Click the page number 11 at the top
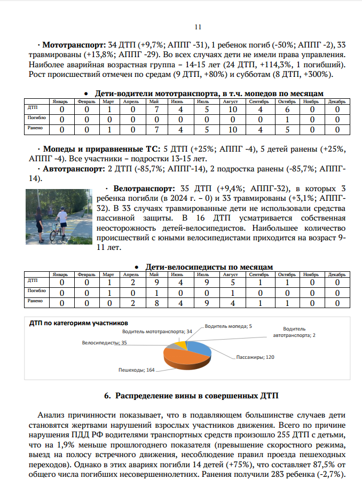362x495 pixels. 198,27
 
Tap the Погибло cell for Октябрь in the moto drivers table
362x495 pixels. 288,119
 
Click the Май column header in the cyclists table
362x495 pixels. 154,274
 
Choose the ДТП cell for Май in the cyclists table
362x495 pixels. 154,282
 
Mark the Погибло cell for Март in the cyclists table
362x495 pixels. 108,293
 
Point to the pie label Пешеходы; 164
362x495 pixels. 136,370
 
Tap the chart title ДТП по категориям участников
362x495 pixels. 78,323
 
